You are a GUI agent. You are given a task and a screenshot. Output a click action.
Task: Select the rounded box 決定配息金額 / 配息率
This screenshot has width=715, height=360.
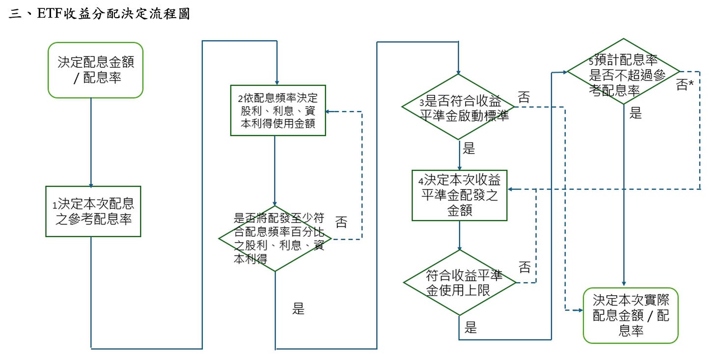pos(95,70)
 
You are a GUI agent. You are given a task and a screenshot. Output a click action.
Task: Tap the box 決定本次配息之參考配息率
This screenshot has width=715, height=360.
pos(93,211)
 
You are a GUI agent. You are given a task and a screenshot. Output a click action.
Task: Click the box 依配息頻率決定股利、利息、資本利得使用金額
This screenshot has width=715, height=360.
pos(278,111)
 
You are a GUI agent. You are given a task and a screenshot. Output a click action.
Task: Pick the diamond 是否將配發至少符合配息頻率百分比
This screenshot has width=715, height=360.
pos(275,239)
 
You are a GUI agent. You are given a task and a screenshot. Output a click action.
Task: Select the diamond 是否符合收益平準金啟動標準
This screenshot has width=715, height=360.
pos(458,107)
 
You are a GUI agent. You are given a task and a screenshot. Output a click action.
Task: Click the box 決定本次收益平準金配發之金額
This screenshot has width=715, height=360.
pos(459,195)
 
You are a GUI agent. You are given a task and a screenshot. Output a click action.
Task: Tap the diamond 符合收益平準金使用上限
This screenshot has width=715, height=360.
pos(460,282)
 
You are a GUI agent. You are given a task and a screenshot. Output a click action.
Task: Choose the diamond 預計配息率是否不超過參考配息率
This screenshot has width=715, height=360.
pos(623,72)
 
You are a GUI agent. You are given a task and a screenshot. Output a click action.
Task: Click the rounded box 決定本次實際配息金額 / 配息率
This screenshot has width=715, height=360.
pos(631,315)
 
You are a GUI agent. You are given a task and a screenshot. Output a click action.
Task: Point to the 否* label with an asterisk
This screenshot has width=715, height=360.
pos(685,85)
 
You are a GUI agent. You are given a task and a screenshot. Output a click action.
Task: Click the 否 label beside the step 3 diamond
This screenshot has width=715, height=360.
pos(524,97)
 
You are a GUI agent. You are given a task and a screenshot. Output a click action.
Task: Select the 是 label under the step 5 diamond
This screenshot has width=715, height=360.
pos(636,114)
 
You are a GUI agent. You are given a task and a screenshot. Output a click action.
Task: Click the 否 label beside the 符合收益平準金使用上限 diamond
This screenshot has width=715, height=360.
pos(525,268)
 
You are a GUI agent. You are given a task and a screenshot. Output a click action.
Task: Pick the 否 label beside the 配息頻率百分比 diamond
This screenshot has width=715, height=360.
pos(341,222)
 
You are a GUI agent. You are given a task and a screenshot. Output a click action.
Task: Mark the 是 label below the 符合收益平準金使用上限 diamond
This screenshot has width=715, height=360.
pos(470,328)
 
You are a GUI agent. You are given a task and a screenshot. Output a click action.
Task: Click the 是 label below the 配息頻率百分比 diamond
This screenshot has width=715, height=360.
pos(299,309)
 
